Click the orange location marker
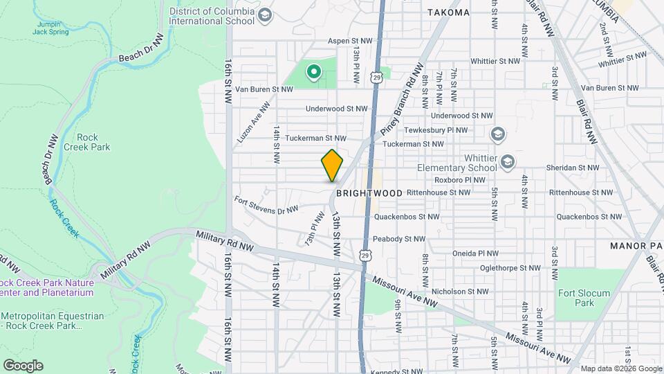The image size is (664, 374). [x=332, y=166]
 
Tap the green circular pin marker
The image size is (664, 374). [x=313, y=71]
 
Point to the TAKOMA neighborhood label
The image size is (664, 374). [x=448, y=12]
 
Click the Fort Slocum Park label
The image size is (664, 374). [x=585, y=298]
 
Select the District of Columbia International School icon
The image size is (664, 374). [x=264, y=15]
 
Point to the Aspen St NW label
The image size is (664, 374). [x=351, y=41]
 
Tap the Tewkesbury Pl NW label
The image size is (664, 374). [x=457, y=130]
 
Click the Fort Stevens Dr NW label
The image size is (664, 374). [x=266, y=205]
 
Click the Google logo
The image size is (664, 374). [x=23, y=365]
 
